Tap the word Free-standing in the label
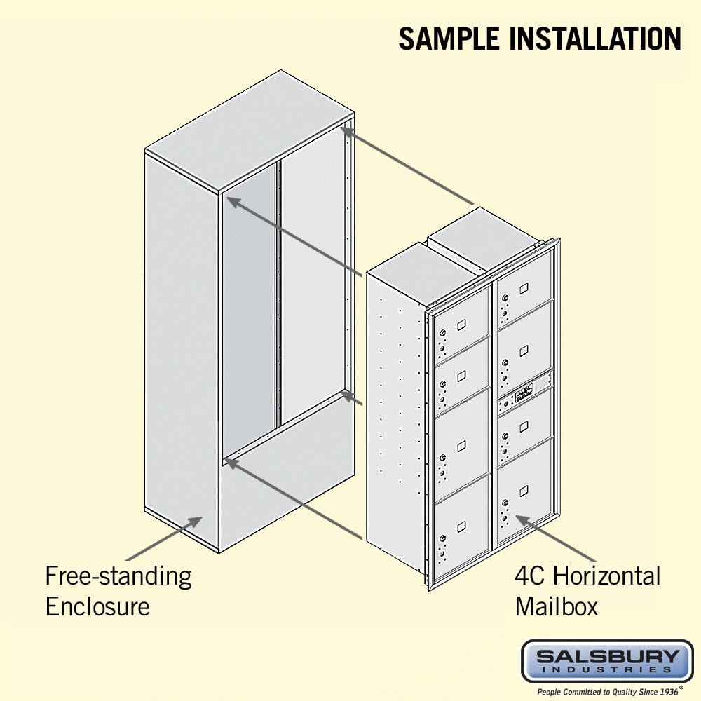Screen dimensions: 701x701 [x=118, y=576]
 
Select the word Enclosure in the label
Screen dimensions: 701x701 [x=97, y=606]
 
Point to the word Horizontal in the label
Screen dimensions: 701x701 [x=606, y=576]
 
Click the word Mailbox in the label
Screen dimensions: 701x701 [x=557, y=606]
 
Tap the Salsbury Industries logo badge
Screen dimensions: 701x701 [x=607, y=660]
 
